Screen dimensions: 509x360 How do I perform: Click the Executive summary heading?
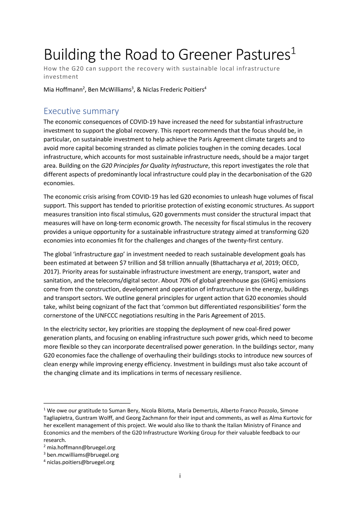pyautogui.click(x=81, y=111)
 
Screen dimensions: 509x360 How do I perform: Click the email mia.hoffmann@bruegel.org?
pyautogui.click(x=81, y=447)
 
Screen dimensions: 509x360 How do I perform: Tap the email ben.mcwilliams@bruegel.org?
pyautogui.click(x=83, y=455)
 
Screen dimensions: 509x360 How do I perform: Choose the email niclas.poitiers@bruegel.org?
pyautogui.click(x=81, y=462)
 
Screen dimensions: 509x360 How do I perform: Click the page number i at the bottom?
pyautogui.click(x=180, y=475)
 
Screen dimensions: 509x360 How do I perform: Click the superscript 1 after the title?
pyautogui.click(x=294, y=51)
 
